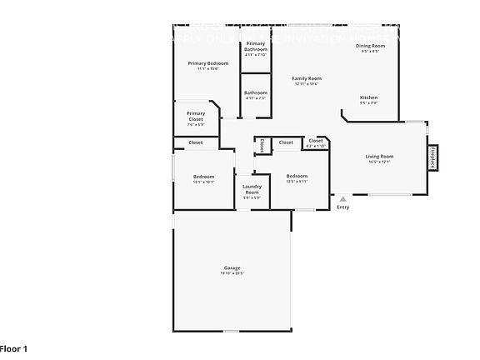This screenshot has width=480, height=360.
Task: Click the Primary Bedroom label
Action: coord(207,63)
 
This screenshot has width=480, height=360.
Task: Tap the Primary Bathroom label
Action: coord(256,46)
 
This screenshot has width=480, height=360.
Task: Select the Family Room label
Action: coord(307,78)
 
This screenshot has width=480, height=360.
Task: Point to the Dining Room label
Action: coord(370,46)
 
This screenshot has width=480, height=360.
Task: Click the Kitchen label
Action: coord(368,97)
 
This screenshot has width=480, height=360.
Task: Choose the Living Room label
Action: coord(379,156)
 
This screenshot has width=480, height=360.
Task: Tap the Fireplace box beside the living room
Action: coord(432,157)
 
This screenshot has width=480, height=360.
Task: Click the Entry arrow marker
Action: coord(342,199)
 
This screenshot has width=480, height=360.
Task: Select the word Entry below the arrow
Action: coord(342,207)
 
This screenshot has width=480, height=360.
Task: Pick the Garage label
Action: coord(232,267)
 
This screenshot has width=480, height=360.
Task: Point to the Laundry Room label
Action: coord(252,189)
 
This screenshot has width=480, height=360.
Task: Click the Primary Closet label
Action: coord(196,117)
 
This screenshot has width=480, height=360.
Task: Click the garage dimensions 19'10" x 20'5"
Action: coord(232,273)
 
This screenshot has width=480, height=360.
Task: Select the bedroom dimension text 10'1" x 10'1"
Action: coord(204,182)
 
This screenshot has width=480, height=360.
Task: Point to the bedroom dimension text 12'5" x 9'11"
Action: coord(297,182)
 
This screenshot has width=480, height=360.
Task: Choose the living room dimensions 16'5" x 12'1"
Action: coord(379,162)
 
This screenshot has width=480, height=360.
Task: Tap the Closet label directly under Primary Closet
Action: coord(196,142)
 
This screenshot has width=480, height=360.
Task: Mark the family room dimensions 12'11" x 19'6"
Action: coord(307,84)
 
